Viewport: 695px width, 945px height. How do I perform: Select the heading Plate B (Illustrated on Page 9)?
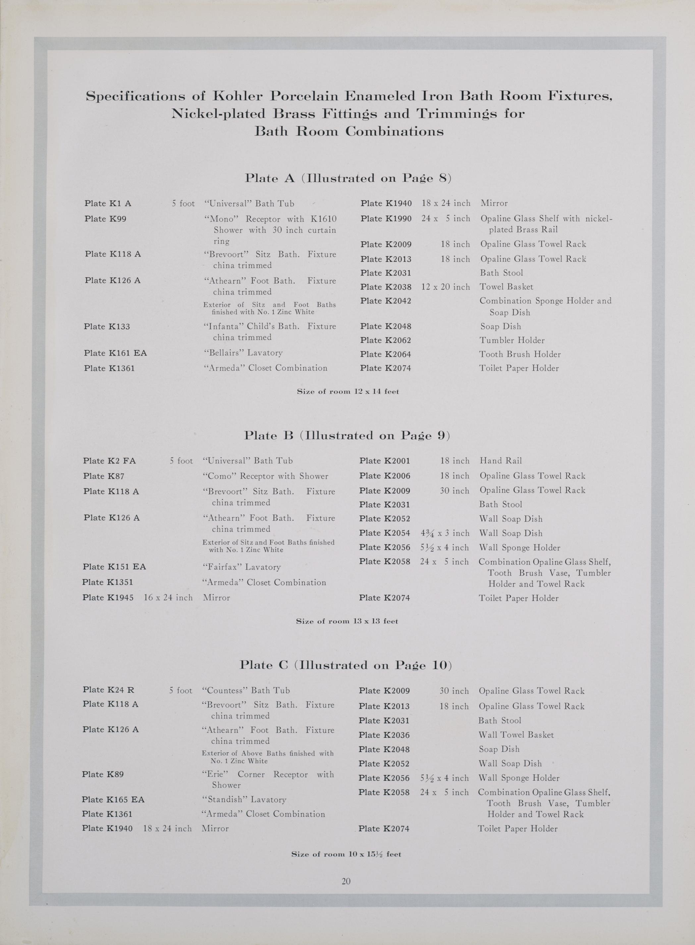point(347,435)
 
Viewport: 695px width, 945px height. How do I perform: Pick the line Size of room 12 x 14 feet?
point(348,392)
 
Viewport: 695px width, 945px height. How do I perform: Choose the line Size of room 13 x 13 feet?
point(347,621)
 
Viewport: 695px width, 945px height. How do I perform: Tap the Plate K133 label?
point(107,326)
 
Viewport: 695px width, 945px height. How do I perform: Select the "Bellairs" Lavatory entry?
point(243,353)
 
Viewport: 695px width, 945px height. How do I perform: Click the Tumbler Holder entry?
point(512,340)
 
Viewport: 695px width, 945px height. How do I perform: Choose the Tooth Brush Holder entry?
point(520,354)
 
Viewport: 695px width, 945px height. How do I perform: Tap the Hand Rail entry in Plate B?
point(501,460)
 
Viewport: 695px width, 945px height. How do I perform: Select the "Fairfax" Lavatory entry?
point(241,567)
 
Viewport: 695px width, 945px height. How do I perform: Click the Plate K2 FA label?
point(109,460)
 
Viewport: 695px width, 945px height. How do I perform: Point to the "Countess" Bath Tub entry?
point(246,690)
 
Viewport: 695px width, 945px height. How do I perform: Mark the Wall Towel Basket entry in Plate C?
point(516,735)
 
